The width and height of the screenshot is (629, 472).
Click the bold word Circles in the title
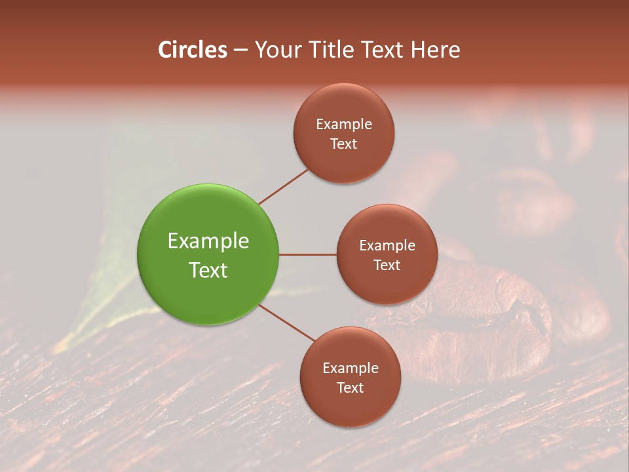[x=192, y=50]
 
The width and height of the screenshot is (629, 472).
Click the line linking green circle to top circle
[x=284, y=186]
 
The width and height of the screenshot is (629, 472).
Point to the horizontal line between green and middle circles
[x=307, y=254]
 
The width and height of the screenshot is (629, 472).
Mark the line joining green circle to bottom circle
[x=287, y=322]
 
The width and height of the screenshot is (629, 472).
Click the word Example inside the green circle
[x=208, y=241]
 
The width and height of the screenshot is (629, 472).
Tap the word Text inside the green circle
[x=208, y=269]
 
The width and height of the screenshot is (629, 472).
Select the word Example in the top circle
[x=344, y=125]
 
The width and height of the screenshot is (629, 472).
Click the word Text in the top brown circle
[x=344, y=144]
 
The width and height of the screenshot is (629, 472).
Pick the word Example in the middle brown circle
[x=387, y=246]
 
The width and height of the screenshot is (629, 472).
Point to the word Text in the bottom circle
[x=350, y=387]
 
